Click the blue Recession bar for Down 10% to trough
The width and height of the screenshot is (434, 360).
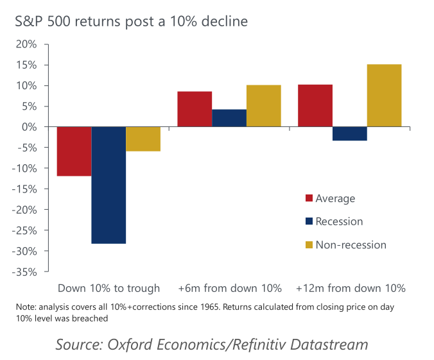point(108,185)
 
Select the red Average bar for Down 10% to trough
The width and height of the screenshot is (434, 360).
point(74,151)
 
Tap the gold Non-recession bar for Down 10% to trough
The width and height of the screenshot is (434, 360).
point(143,139)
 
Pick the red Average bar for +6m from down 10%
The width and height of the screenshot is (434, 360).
point(195,109)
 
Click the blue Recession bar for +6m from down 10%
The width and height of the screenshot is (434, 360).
point(229,118)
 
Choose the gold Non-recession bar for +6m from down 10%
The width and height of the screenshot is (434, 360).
point(263,106)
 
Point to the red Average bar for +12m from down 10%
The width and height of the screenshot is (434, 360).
point(315,106)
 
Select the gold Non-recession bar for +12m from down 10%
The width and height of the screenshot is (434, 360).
point(384,96)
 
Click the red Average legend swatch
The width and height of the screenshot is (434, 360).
point(309,198)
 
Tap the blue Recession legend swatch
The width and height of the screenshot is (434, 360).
point(309,221)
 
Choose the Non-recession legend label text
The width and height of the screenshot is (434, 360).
point(351,244)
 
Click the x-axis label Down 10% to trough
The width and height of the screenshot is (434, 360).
point(108,287)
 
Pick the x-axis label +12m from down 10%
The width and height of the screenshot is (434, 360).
point(351,287)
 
